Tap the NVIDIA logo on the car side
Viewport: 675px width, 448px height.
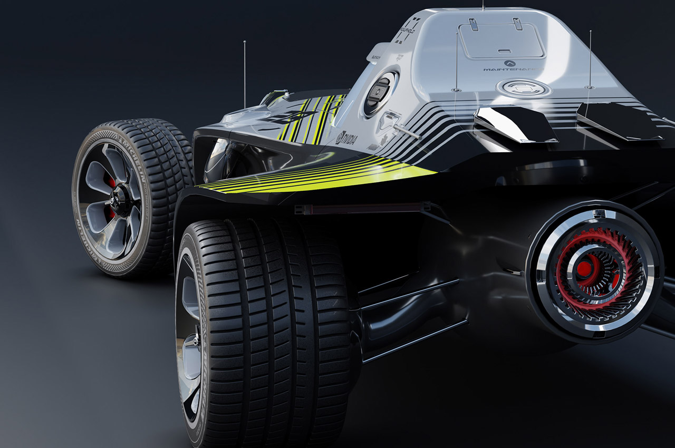tap(346, 139)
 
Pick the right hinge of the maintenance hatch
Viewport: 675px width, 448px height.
tap(518, 23)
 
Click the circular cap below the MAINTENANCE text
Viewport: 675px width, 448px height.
tap(523, 88)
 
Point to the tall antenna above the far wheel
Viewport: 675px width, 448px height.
tap(245, 74)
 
